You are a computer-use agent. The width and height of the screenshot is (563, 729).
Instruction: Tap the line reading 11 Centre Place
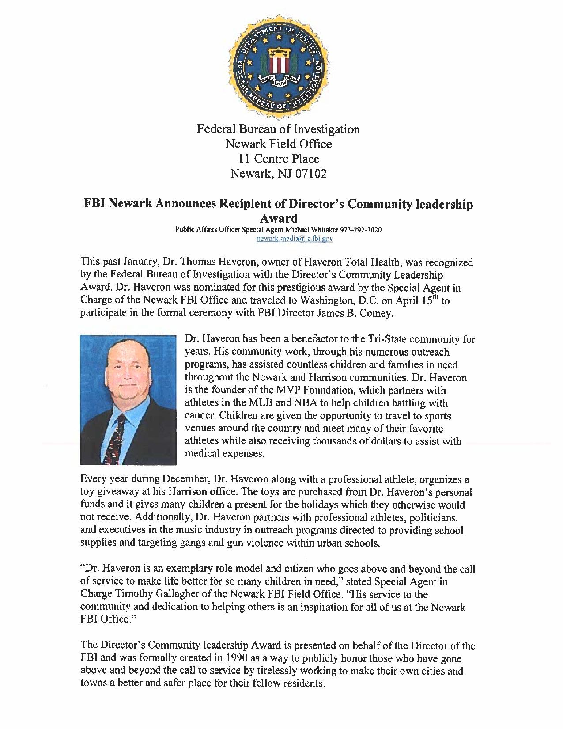pyautogui.click(x=278, y=159)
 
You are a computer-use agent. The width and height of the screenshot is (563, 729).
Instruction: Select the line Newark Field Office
pyautogui.click(x=278, y=144)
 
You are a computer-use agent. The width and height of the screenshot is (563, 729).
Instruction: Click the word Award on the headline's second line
pyautogui.click(x=278, y=218)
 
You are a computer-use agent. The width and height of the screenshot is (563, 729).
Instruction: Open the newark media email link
pyautogui.click(x=295, y=239)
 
